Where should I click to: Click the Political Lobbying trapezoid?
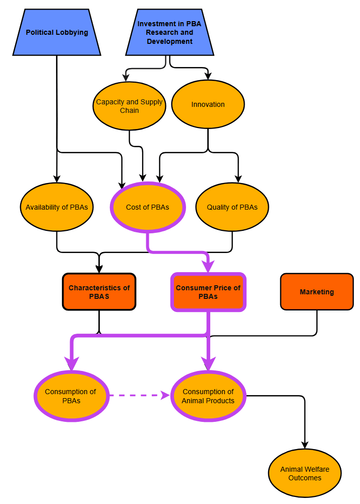tap(57, 32)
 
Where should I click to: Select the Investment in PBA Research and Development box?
tap(170, 32)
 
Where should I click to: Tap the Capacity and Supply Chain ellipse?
tap(130, 106)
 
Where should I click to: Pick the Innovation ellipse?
tap(208, 104)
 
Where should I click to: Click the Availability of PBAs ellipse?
tap(57, 207)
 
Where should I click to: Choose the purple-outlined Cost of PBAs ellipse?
tap(148, 207)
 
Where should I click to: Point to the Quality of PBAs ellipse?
tap(232, 207)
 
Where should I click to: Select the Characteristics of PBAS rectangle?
tap(99, 292)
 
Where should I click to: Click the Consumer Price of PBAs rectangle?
tap(208, 292)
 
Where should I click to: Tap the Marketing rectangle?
tap(317, 292)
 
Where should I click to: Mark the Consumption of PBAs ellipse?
tap(72, 396)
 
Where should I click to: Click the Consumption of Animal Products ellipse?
tap(208, 396)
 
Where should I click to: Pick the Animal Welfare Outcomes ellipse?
tap(305, 473)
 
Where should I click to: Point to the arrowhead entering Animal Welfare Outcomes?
tap(305, 445)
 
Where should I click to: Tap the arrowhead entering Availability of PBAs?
tap(57, 179)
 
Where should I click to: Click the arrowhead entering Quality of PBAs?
tap(238, 179)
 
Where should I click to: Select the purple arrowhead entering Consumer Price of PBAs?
tap(208, 267)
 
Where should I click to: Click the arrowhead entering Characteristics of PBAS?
tap(99, 269)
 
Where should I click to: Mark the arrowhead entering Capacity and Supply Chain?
tap(126, 78)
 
